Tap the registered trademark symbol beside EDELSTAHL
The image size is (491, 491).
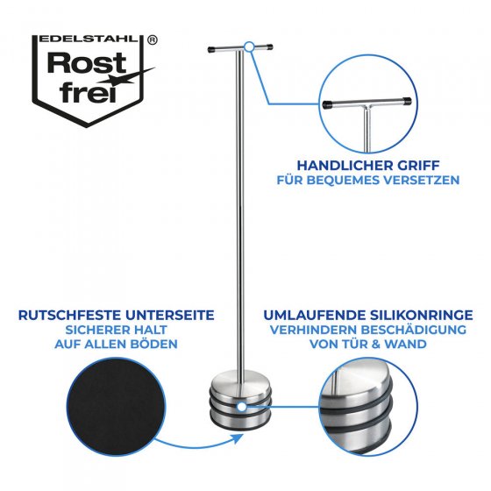coord(153,39)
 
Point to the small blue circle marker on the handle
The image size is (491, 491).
coord(249,45)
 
